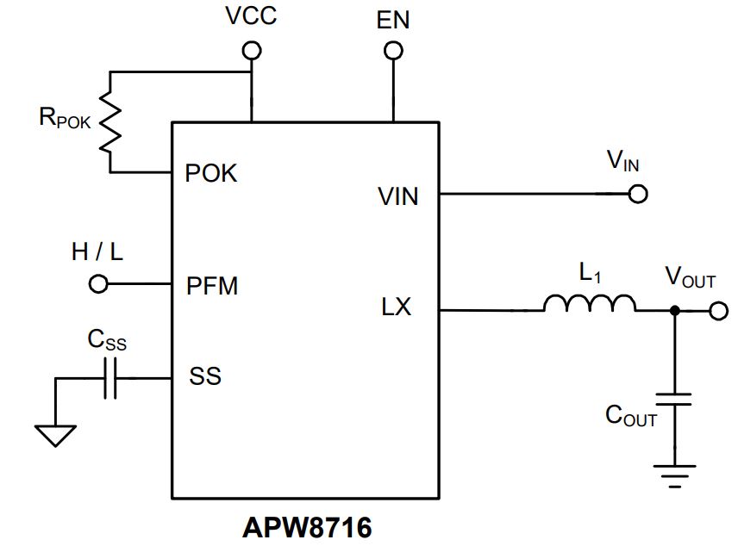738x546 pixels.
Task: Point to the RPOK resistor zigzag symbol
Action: click(x=110, y=122)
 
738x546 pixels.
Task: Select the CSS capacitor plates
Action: click(x=110, y=378)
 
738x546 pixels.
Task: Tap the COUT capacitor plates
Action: click(x=674, y=400)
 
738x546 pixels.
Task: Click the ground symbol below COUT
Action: click(x=674, y=476)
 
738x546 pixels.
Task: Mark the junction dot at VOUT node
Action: click(x=674, y=311)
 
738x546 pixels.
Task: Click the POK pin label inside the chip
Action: click(x=211, y=173)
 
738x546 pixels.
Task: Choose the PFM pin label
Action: click(x=212, y=286)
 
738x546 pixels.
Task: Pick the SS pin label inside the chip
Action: click(x=205, y=375)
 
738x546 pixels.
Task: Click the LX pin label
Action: click(x=397, y=307)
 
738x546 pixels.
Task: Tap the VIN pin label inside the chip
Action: click(x=398, y=196)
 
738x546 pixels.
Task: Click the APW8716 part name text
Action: click(x=307, y=528)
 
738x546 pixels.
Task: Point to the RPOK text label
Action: click(x=65, y=118)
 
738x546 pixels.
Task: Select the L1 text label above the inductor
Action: click(x=590, y=273)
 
